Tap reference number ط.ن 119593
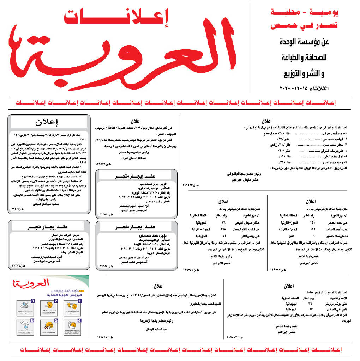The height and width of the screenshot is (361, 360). pos(191,185)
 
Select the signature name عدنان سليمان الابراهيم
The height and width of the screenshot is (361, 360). pos(246,179)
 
